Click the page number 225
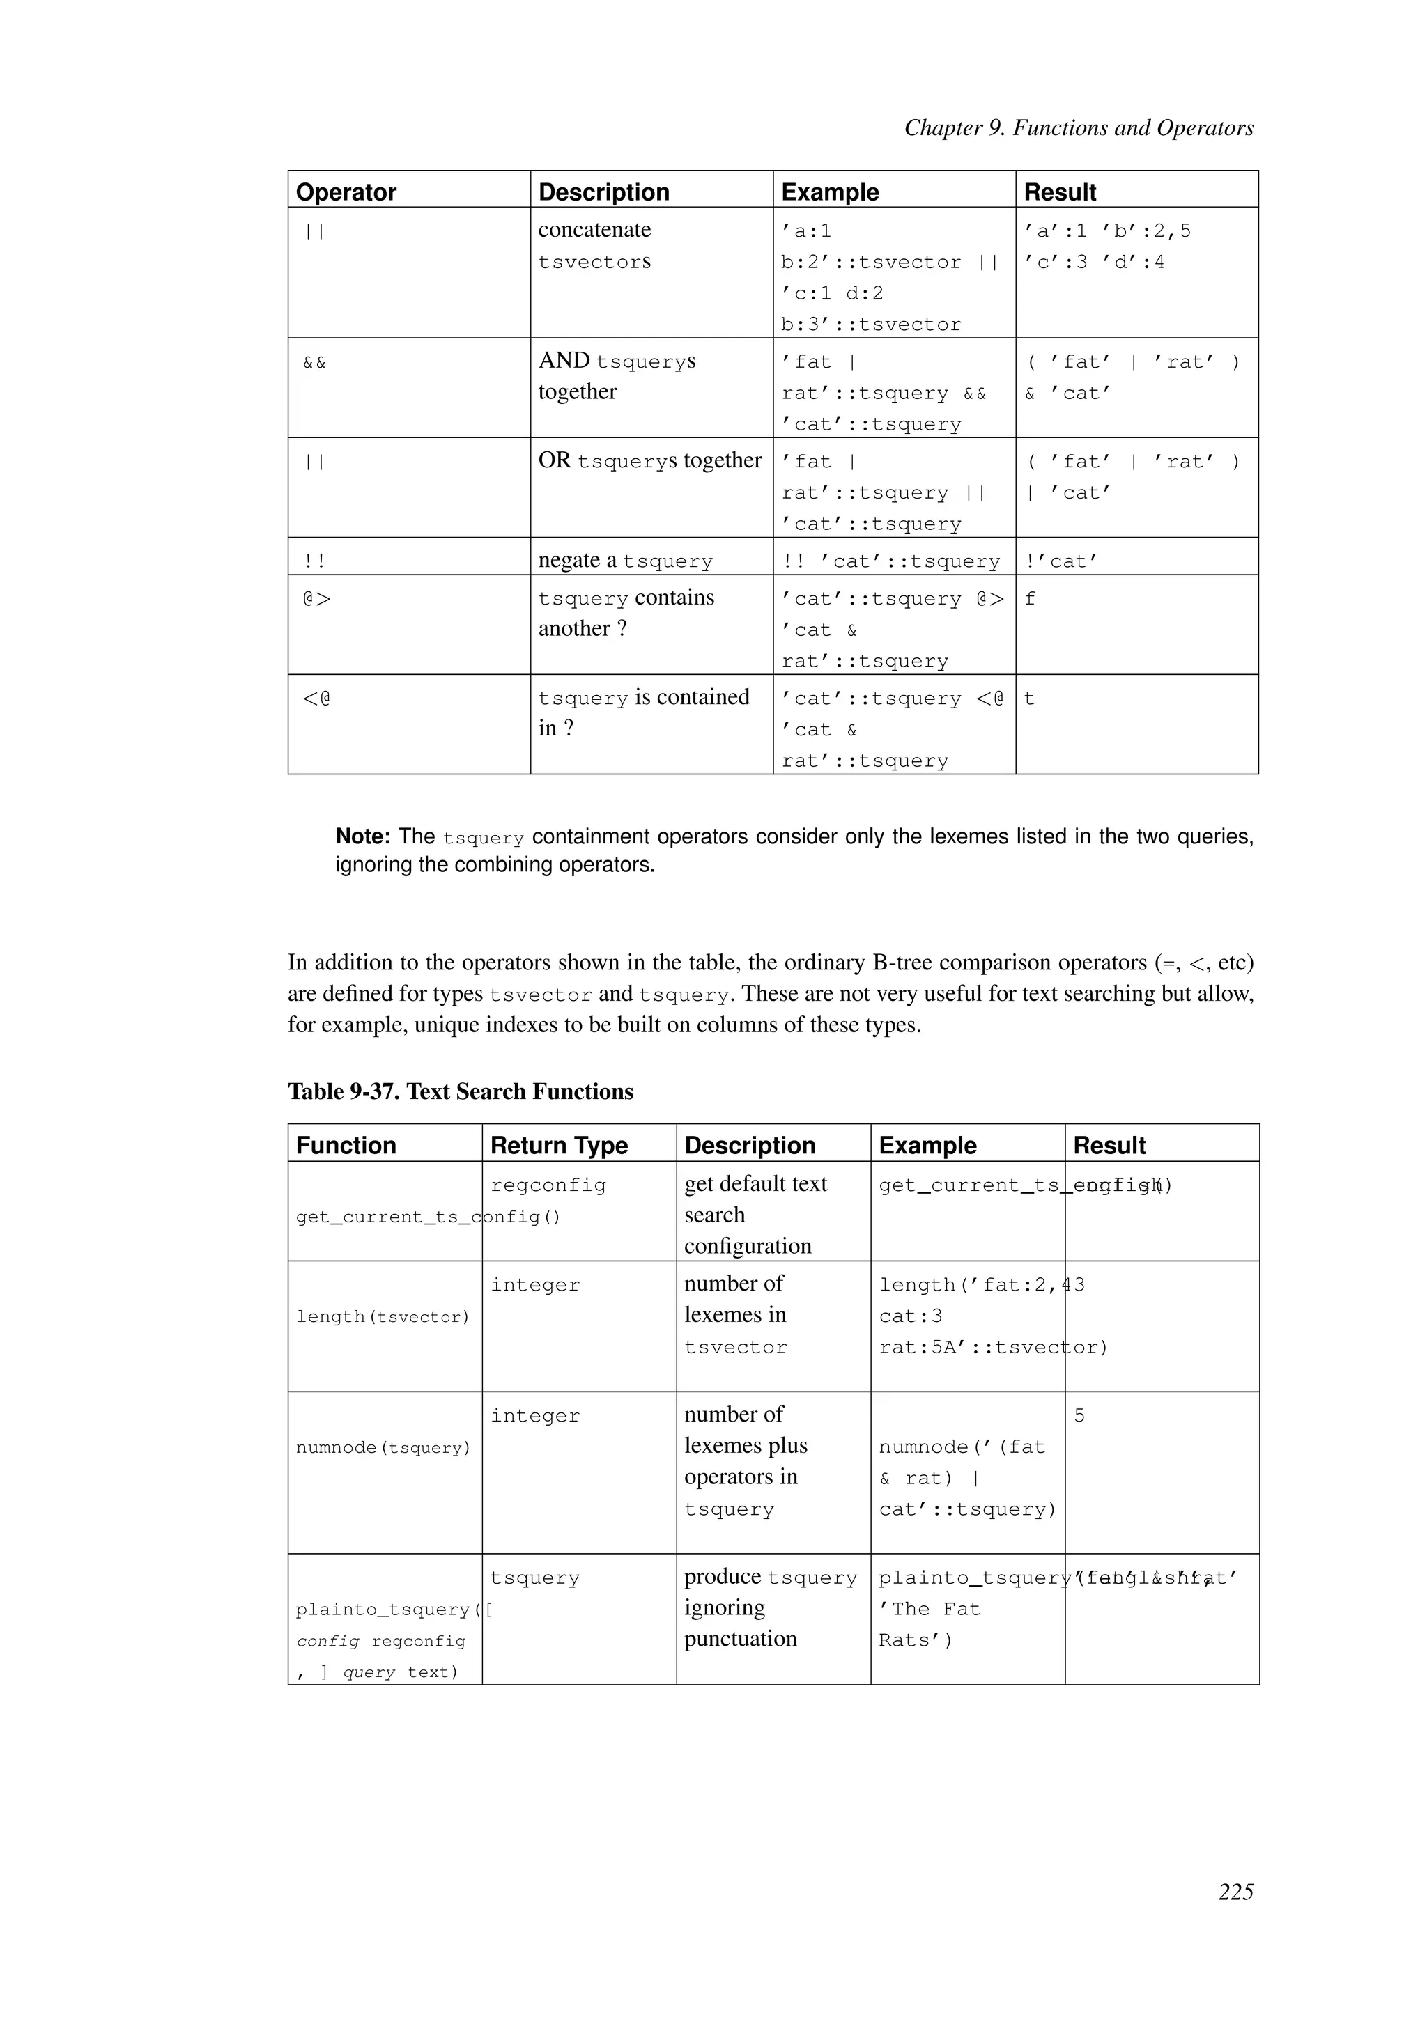click(1235, 1916)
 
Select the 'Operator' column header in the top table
click(346, 192)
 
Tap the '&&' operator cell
click(314, 362)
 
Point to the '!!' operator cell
click(314, 561)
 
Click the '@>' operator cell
click(317, 599)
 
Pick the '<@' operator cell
click(316, 699)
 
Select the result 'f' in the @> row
click(1030, 599)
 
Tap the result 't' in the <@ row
click(1030, 699)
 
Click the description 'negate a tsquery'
click(625, 561)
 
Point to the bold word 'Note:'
click(363, 836)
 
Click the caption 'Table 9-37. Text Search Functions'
click(461, 1091)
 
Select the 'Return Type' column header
click(559, 1145)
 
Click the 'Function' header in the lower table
click(346, 1145)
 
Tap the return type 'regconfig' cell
click(548, 1185)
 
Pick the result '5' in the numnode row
click(1079, 1415)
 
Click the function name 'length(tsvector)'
click(383, 1316)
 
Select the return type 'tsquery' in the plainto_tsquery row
click(535, 1578)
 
